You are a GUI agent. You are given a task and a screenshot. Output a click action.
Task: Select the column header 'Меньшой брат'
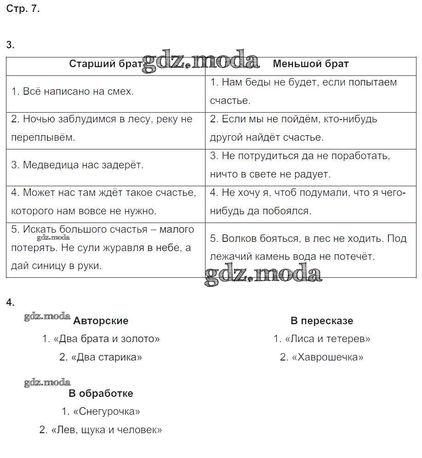311,64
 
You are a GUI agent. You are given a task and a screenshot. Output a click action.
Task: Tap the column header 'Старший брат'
106,64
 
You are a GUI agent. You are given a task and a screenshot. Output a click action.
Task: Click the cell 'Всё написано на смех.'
73,92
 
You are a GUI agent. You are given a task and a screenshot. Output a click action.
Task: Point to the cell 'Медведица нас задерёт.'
77,165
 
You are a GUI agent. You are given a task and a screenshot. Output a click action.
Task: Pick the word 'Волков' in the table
237,239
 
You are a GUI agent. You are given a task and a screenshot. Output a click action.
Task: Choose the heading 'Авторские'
101,321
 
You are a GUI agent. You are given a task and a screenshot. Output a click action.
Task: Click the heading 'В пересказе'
322,321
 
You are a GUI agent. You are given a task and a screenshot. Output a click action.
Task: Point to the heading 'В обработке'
101,394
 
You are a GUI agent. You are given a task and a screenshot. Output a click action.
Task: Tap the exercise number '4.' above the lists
11,303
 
